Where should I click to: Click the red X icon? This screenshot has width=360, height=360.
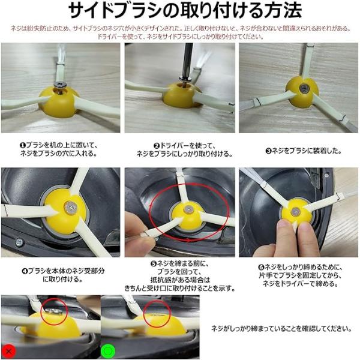(9, 351)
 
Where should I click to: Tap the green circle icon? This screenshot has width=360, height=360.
(108, 351)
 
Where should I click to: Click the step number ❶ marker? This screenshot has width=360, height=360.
(23, 146)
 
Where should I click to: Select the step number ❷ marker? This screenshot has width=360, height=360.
(157, 146)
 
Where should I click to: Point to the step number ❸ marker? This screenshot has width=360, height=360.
(269, 151)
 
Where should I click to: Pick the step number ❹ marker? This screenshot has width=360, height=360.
(25, 271)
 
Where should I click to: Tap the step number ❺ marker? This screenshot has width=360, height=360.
(154, 264)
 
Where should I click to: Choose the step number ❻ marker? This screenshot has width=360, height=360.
(261, 268)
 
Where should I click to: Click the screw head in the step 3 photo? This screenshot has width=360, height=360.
(304, 87)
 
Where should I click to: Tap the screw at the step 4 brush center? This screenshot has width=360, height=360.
(70, 208)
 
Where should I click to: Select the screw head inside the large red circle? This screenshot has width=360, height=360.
(188, 209)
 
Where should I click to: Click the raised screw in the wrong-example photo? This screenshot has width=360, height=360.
(53, 311)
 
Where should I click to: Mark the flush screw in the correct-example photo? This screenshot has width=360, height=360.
(157, 316)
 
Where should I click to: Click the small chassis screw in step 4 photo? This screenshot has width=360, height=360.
(19, 242)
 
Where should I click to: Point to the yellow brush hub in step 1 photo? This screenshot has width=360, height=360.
(59, 102)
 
